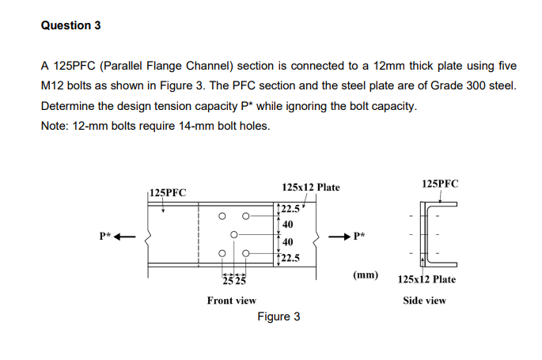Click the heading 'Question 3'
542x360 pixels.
click(70, 25)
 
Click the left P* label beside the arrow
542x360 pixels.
click(105, 235)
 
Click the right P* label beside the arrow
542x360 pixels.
click(361, 235)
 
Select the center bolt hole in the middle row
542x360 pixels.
click(234, 235)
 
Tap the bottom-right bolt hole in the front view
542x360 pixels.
click(245, 254)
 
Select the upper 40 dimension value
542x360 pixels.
click(288, 224)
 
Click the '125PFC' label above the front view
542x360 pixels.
click(168, 192)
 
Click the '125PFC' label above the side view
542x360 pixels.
click(440, 184)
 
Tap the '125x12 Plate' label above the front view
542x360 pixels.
click(310, 188)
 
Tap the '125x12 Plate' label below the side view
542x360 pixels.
click(426, 279)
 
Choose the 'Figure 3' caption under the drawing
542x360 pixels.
click(279, 317)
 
